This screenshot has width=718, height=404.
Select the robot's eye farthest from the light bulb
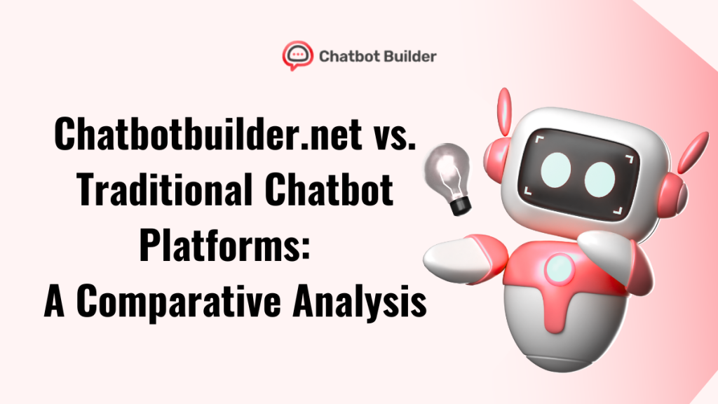pyautogui.click(x=600, y=177)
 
